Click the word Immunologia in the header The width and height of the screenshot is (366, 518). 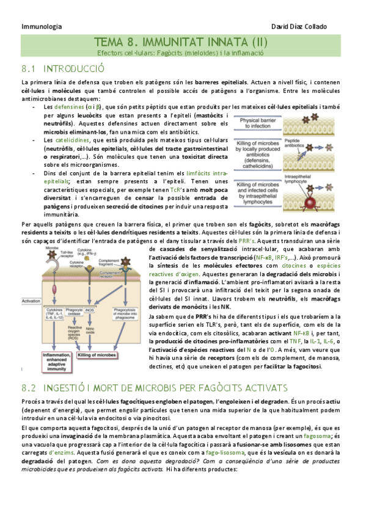(42, 27)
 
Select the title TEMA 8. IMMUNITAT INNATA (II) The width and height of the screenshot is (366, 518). (181, 42)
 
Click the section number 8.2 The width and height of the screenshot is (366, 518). (30, 387)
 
